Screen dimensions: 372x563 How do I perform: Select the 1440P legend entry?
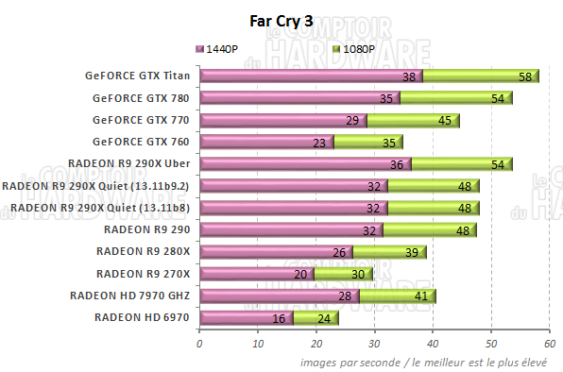tap(222, 48)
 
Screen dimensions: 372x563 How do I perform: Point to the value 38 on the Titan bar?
tap(409, 76)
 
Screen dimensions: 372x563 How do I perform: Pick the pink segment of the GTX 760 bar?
tap(255, 143)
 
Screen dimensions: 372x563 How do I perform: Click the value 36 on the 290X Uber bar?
tap(398, 164)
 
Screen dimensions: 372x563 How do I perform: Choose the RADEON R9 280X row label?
tap(144, 251)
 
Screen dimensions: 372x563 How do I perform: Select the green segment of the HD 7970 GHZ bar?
tap(397, 296)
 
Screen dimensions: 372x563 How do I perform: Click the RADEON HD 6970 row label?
tap(143, 317)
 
